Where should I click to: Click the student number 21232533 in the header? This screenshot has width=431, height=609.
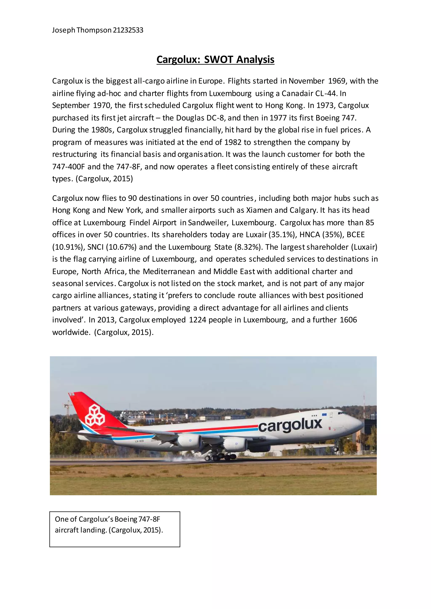coord(128,30)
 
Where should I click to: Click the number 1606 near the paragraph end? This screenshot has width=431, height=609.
coord(348,320)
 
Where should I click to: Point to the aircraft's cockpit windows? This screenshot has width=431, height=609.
coord(342,413)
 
